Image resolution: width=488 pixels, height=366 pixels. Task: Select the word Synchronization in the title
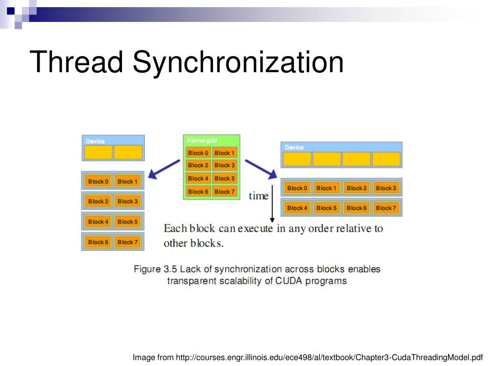click(238, 62)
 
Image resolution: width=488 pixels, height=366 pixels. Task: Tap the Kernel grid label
click(202, 140)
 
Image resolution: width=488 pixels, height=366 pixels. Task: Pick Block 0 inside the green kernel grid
click(198, 153)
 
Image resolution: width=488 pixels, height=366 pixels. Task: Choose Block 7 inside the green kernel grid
click(224, 192)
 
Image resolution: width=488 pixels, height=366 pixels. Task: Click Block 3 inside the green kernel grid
click(224, 165)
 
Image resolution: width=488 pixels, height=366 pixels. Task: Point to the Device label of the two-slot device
click(95, 141)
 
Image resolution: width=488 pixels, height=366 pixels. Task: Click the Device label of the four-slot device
click(294, 148)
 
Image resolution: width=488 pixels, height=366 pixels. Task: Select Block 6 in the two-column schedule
click(98, 242)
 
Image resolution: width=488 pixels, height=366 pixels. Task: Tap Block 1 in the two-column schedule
click(127, 182)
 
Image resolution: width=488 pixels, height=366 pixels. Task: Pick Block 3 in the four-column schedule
click(386, 188)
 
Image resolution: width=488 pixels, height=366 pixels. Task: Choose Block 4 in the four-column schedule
click(297, 208)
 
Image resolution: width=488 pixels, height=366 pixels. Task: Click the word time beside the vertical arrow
click(259, 196)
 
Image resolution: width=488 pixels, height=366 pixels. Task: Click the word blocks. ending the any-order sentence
click(206, 243)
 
